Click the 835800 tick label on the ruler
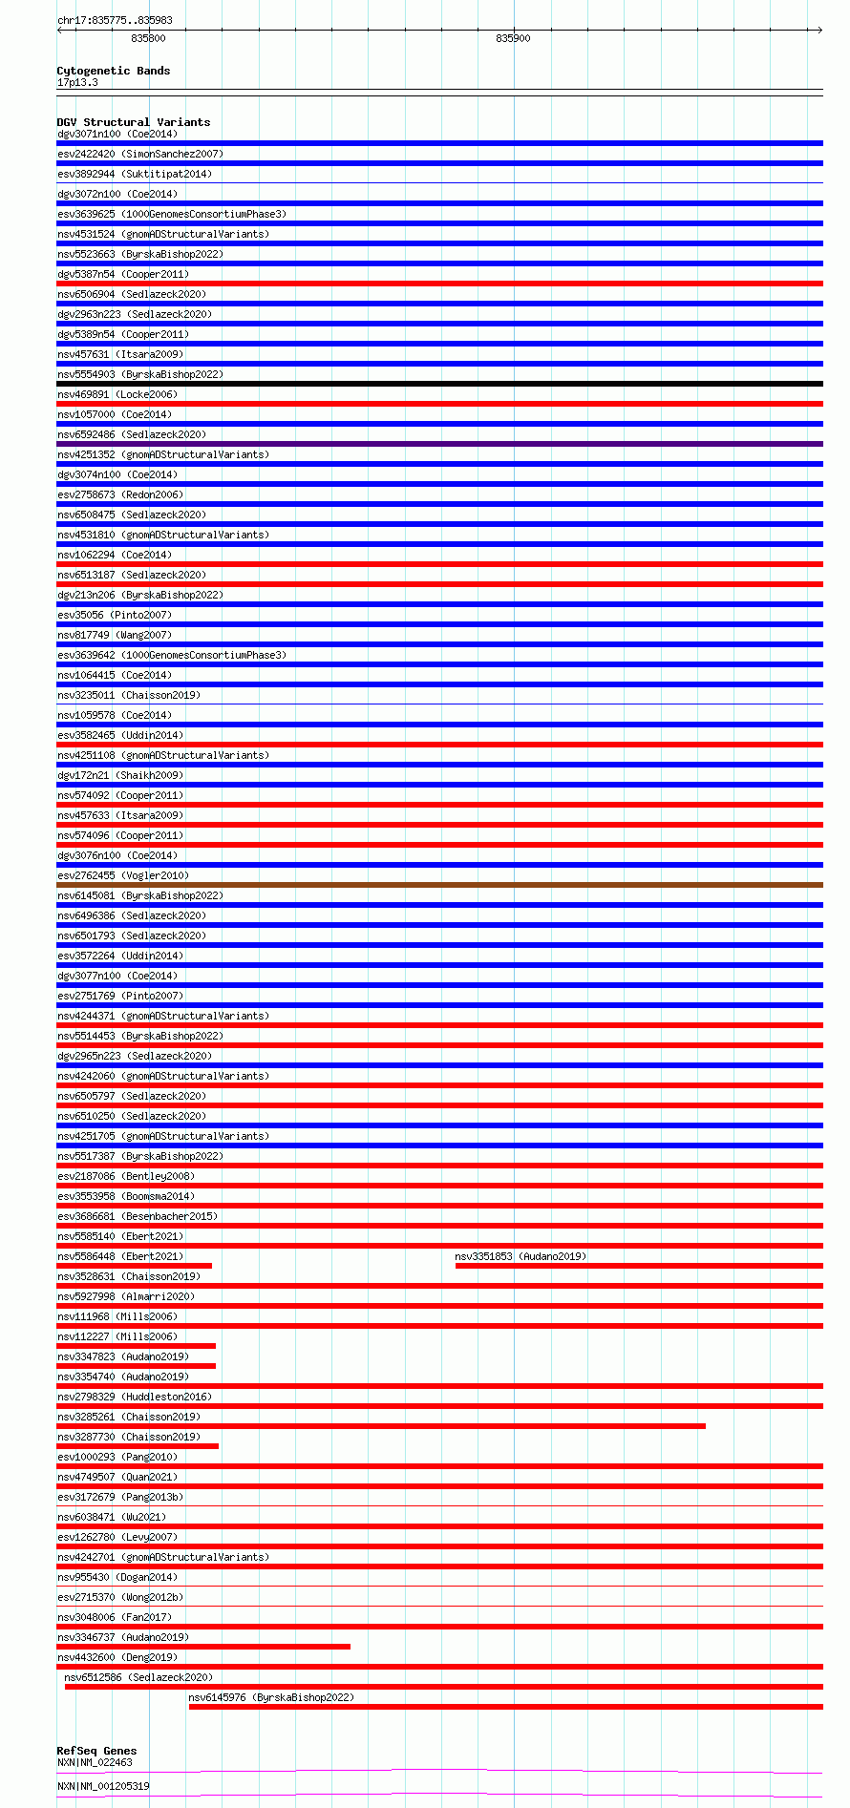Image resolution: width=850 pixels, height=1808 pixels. pyautogui.click(x=148, y=38)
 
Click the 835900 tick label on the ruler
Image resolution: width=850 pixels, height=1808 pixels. pyautogui.click(x=513, y=38)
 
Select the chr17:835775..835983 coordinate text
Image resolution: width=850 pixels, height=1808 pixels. pyautogui.click(x=115, y=20)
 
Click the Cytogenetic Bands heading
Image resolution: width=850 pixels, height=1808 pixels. pyautogui.click(x=113, y=71)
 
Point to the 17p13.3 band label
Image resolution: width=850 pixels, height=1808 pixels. pyautogui.click(x=77, y=82)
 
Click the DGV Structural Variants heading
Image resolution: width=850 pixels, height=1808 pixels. pyautogui.click(x=133, y=122)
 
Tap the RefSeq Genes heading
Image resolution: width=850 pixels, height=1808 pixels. pyautogui.click(x=96, y=1751)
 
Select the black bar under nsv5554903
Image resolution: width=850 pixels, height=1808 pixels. pyautogui.click(x=439, y=384)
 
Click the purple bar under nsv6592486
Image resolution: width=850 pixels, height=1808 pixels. pyautogui.click(x=439, y=444)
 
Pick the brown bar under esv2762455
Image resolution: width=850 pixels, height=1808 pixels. pyautogui.click(x=439, y=885)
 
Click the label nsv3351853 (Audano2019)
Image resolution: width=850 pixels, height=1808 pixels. pyautogui.click(x=521, y=1256)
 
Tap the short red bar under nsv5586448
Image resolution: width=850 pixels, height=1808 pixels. pyautogui.click(x=134, y=1266)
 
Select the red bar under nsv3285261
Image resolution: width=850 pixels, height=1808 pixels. pyautogui.click(x=381, y=1426)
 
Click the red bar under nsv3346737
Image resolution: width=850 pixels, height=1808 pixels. pyautogui.click(x=203, y=1647)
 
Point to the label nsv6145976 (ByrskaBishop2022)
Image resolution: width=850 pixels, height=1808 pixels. pyautogui.click(x=270, y=1697)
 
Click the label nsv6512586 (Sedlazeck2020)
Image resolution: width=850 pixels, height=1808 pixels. pyautogui.click(x=138, y=1677)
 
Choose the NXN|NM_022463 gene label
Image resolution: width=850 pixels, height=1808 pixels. pyautogui.click(x=95, y=1762)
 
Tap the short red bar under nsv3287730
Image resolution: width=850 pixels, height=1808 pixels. pyautogui.click(x=138, y=1446)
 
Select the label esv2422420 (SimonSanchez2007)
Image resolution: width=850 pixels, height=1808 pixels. pyautogui.click(x=140, y=154)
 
